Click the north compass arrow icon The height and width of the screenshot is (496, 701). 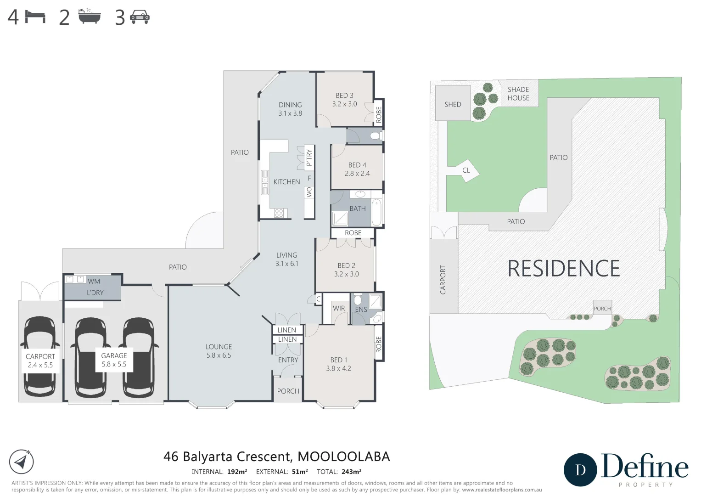coord(21,462)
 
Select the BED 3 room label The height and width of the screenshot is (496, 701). coord(344,96)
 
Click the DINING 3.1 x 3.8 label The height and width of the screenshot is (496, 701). coord(290,109)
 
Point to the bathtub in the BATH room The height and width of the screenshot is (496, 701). coord(376,212)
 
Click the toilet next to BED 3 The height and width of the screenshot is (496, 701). coord(375,136)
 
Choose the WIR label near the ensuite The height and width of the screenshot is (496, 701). coord(339,308)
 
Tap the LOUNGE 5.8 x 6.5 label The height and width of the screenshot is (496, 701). coord(219,351)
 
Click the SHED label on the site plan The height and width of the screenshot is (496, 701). coord(453,104)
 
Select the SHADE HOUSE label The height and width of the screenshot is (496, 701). coord(518,94)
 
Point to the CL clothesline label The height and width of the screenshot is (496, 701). coord(466,170)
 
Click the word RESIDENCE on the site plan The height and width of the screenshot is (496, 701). coord(563,269)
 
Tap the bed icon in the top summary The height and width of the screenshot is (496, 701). coord(35,17)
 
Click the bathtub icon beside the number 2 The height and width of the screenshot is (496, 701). coord(90,17)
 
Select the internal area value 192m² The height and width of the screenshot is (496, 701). coord(237,472)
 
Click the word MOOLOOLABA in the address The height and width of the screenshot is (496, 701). coord(344,457)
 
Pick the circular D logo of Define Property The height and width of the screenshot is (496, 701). coord(580,470)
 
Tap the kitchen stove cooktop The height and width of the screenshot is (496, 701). coord(279,213)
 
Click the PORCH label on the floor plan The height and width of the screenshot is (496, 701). coord(288,391)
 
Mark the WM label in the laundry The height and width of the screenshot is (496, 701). coord(94,281)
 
